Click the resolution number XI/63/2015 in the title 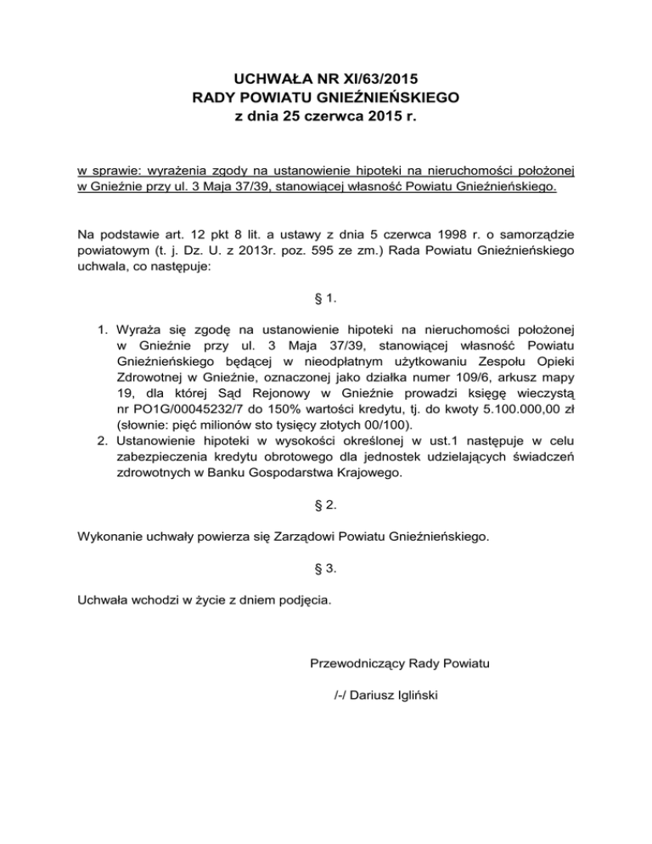coord(373,78)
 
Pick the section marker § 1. coord(325,299)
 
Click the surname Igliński coord(414,697)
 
